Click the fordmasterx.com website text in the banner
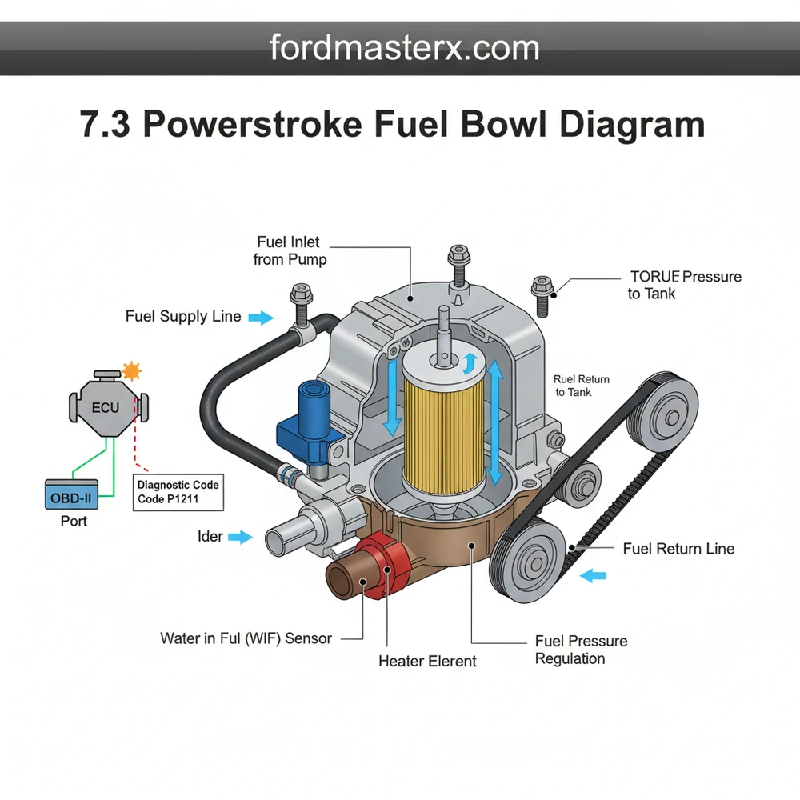coord(404,48)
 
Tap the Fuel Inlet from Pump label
coord(290,250)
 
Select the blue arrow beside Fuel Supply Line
coord(260,318)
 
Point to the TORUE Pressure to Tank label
coord(684,285)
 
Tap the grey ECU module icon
coord(105,406)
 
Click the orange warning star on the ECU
coord(131,370)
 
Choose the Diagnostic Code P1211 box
coord(178,491)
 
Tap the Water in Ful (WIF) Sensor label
coord(246,638)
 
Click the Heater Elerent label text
coord(427,661)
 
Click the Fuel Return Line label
coord(678,548)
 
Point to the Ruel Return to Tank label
coord(582,386)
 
